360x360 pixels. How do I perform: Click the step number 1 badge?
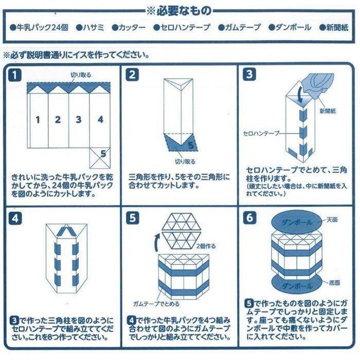[x=17, y=75]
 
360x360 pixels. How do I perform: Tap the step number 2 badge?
[x=133, y=75]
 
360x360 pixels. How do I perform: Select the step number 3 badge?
[x=249, y=75]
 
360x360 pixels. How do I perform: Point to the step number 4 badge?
[x=17, y=218]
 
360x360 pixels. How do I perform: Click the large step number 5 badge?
[x=133, y=218]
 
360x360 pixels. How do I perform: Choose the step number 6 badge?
[x=249, y=218]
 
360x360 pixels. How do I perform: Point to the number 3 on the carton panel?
[x=78, y=120]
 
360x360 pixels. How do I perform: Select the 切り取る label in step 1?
[x=81, y=75]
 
